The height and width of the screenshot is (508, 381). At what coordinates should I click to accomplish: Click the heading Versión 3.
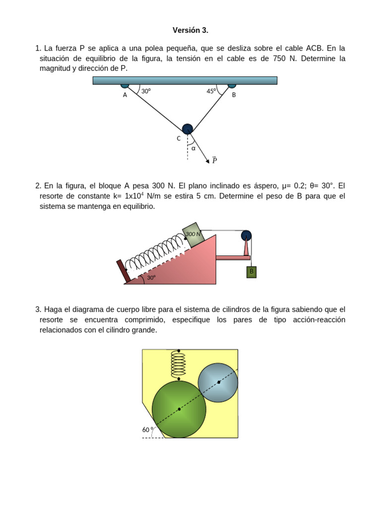(190, 30)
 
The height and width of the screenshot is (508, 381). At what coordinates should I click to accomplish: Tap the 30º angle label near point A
(146, 91)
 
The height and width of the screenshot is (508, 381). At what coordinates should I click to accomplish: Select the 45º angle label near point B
(211, 91)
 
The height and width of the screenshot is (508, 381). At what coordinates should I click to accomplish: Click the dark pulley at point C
(187, 129)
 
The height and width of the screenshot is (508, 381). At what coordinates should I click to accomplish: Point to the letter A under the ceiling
(125, 95)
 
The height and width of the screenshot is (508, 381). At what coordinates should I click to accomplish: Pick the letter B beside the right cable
(234, 95)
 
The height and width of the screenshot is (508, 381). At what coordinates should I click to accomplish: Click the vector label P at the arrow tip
(214, 160)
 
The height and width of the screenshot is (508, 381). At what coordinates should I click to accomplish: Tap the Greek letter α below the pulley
(193, 148)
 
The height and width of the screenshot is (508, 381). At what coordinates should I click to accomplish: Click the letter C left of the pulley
(179, 139)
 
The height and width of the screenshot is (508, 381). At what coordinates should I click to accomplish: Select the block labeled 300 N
(194, 234)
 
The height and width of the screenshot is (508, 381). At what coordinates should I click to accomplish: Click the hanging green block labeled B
(252, 272)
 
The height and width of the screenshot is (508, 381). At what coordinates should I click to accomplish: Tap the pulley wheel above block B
(246, 236)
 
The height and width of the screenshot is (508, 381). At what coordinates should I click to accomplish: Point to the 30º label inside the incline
(151, 278)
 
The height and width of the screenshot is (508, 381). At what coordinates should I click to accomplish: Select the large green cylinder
(179, 409)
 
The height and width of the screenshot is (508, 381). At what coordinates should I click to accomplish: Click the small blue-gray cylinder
(218, 382)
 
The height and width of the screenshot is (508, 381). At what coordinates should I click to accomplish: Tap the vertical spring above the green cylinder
(179, 365)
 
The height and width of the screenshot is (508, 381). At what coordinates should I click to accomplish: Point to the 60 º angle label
(148, 430)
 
